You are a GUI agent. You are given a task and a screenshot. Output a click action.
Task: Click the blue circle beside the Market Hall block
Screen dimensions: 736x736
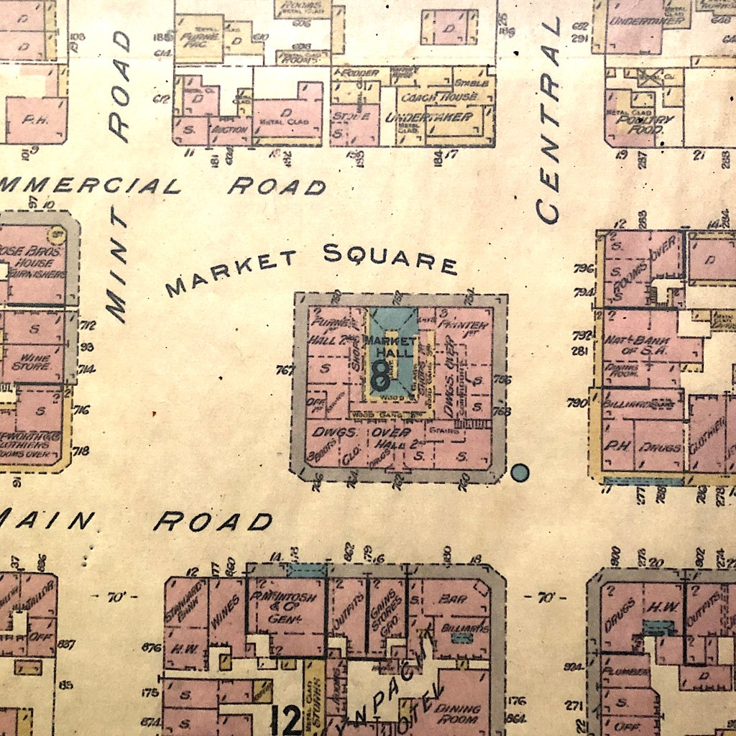[520, 472]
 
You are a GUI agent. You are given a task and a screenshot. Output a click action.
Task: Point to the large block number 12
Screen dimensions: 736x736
[287, 719]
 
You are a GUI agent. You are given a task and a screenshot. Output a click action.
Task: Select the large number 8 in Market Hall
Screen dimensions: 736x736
[380, 373]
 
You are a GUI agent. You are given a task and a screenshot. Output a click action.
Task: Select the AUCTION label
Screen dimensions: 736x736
[229, 130]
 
